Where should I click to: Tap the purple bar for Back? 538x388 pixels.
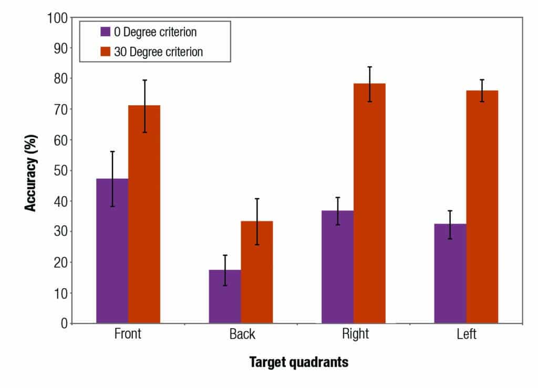pos(225,297)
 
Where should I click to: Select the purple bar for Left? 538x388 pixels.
pos(450,273)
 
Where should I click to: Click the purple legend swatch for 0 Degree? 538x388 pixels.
pos(106,32)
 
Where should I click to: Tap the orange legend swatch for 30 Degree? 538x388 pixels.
pos(106,52)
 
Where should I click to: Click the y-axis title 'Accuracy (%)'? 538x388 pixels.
pos(31,170)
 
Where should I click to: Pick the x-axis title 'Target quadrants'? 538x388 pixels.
pos(298,362)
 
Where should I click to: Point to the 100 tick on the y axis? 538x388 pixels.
pos(56,18)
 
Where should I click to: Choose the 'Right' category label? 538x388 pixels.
pos(355,335)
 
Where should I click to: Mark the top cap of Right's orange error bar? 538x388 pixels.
pos(369,67)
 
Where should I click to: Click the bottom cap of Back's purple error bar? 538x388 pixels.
pos(225,285)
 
